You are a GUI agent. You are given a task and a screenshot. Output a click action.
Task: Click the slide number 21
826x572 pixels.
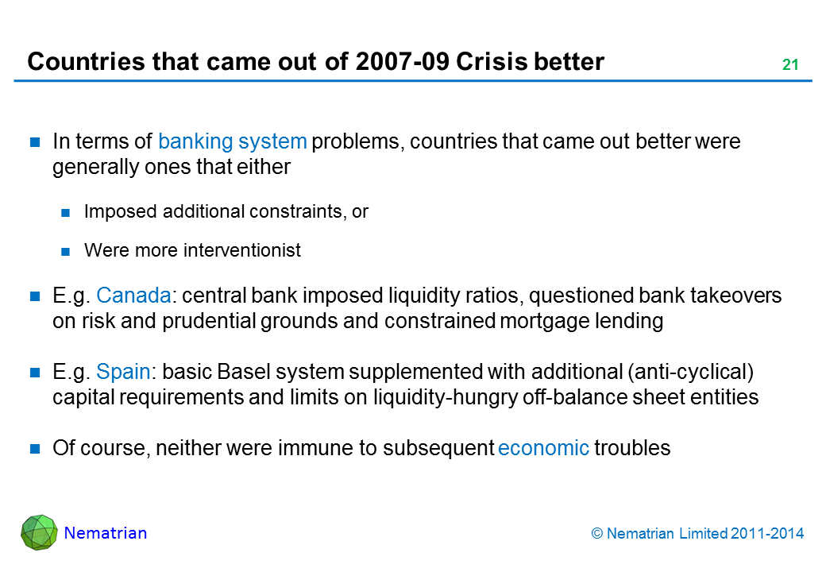pyautogui.click(x=789, y=65)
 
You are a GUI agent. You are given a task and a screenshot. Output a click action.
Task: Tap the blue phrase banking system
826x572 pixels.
pyautogui.click(x=232, y=142)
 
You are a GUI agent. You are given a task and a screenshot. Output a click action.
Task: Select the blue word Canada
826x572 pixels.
pyautogui.click(x=133, y=296)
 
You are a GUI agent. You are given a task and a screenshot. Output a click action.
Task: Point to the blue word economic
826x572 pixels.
pyautogui.click(x=543, y=449)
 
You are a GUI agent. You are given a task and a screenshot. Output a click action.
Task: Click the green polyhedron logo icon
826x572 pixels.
pyautogui.click(x=39, y=532)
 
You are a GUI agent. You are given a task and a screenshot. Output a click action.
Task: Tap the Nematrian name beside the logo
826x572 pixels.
pyautogui.click(x=106, y=533)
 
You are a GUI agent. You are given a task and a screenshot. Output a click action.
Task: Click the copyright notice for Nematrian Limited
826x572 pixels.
pyautogui.click(x=697, y=534)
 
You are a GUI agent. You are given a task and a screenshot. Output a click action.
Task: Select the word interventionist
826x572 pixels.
pyautogui.click(x=242, y=251)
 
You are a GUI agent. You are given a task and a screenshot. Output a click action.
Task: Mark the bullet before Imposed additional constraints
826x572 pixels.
pyautogui.click(x=67, y=213)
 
